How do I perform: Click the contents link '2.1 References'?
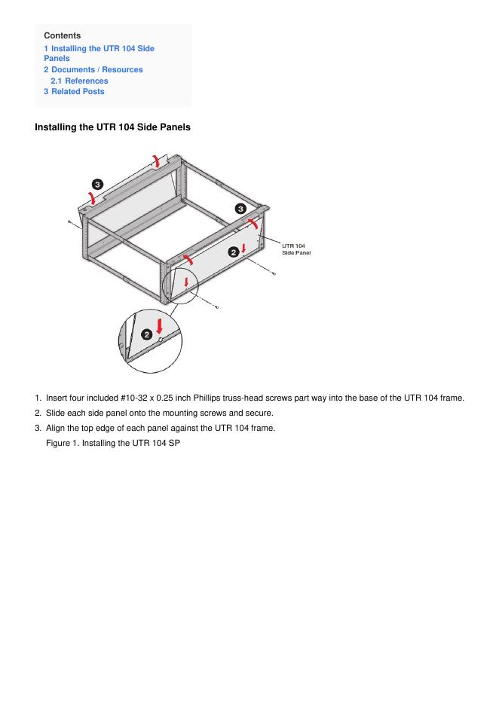click(79, 81)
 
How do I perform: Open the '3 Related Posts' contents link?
click(74, 92)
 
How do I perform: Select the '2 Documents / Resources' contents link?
click(93, 69)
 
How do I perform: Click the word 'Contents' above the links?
click(63, 35)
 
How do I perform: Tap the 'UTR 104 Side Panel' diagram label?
click(295, 249)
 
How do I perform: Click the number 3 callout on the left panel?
click(97, 184)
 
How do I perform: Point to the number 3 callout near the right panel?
click(240, 208)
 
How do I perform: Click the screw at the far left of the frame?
click(69, 222)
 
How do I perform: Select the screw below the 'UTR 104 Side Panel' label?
click(273, 273)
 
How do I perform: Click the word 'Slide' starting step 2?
click(57, 413)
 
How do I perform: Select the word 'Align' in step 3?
click(57, 428)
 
